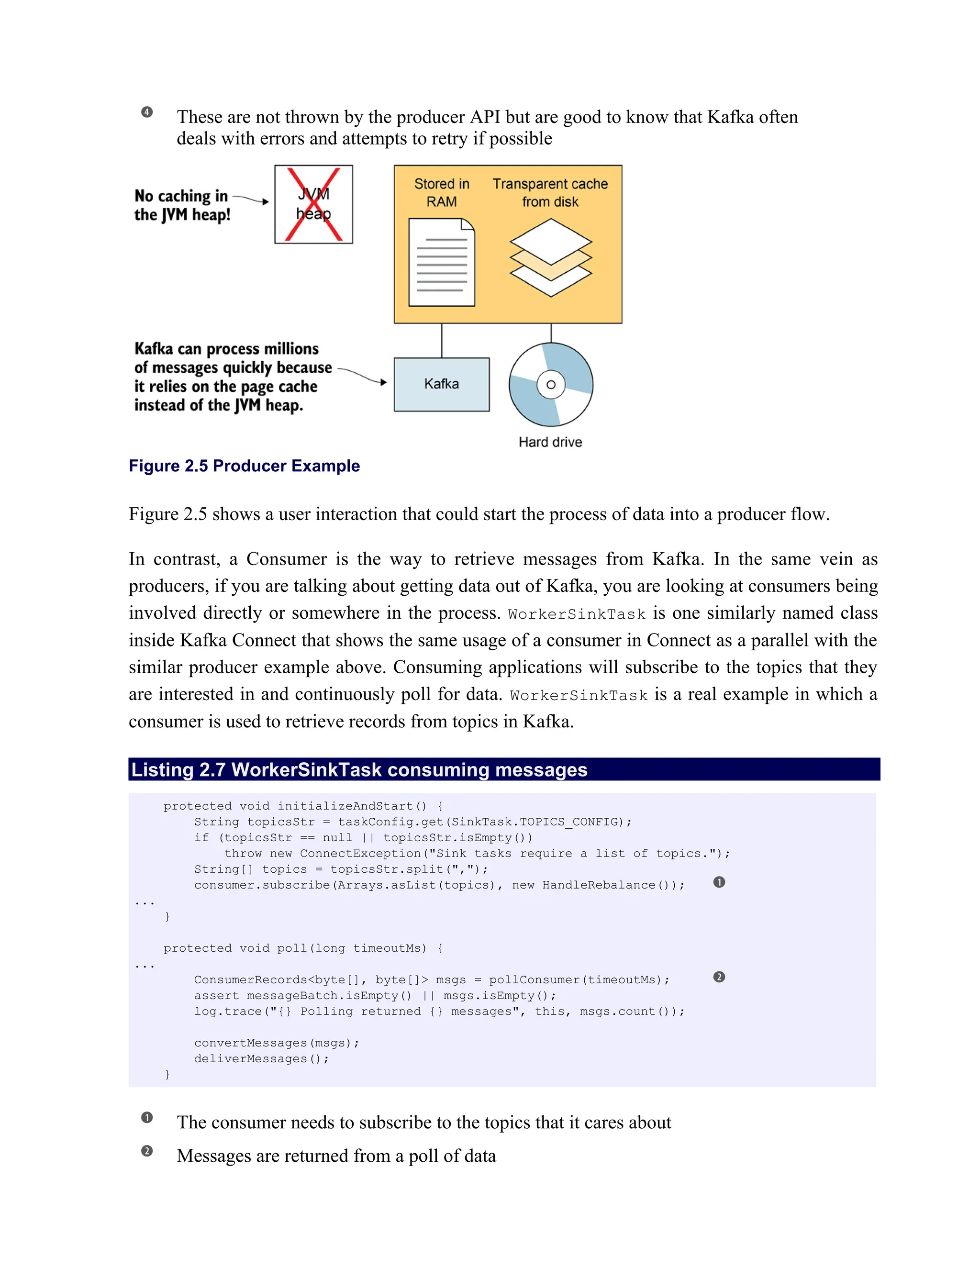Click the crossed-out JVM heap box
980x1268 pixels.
(x=313, y=204)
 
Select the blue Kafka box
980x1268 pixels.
(x=441, y=384)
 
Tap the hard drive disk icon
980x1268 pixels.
(x=550, y=384)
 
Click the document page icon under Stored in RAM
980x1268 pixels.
(x=441, y=262)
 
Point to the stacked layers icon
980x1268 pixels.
(x=550, y=258)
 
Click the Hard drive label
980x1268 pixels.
(x=550, y=443)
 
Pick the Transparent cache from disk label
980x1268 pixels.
(x=550, y=193)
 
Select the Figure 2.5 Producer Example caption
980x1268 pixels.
(x=244, y=466)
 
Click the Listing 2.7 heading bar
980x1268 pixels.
(x=503, y=769)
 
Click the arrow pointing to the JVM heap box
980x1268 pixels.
(x=251, y=199)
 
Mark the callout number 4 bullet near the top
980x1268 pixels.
(x=147, y=112)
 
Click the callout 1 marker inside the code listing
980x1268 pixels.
(x=719, y=882)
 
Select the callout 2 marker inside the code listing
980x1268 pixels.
(x=719, y=977)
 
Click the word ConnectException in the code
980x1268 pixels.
(x=360, y=854)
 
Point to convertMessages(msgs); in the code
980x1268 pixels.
(x=277, y=1043)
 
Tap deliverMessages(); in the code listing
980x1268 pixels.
(x=261, y=1059)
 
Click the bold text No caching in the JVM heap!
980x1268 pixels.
(x=182, y=205)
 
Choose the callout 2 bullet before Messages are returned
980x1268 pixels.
(x=147, y=1151)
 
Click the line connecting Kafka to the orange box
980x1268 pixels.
(x=442, y=340)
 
